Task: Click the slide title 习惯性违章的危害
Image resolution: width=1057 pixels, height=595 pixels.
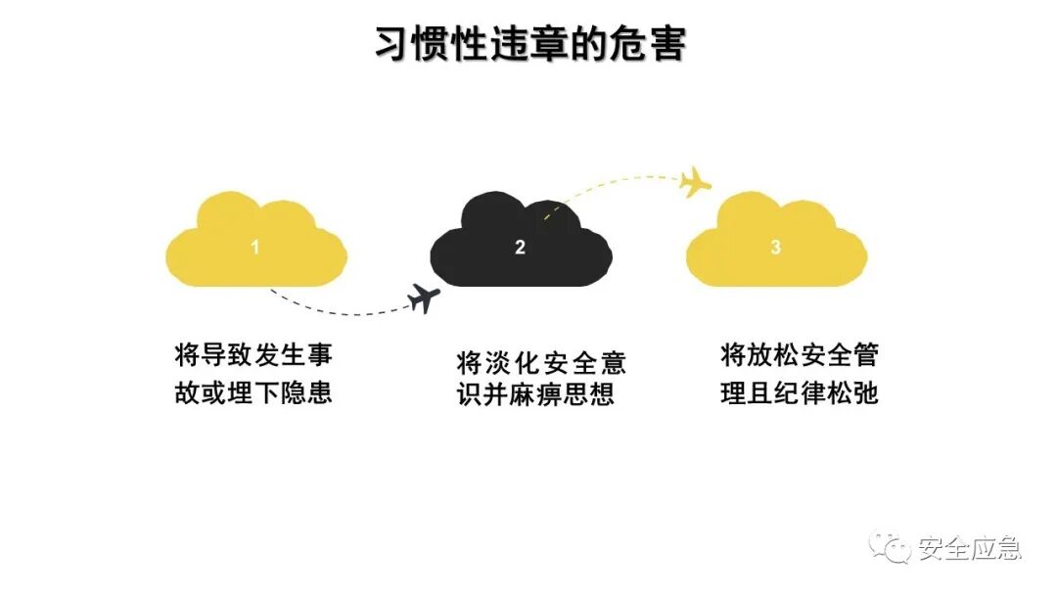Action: pos(529,45)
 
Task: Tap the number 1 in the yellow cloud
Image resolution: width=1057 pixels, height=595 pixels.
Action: pos(255,248)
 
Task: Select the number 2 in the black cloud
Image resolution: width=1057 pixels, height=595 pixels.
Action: pos(520,248)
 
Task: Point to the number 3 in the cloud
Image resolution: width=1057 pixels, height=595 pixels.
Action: pos(776,248)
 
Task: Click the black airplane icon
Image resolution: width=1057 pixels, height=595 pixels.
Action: pos(423,297)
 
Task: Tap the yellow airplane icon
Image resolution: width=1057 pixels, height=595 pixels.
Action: pos(696,180)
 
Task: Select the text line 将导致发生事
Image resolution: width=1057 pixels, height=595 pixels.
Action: pos(253,354)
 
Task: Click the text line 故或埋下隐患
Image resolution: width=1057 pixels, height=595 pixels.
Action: pos(253,392)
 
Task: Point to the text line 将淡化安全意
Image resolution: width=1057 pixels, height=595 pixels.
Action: pos(541,363)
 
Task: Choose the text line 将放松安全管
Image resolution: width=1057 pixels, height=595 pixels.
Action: pos(800,354)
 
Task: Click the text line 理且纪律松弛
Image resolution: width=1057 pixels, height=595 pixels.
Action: pos(800,392)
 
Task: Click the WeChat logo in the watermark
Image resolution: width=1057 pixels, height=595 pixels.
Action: pos(892,549)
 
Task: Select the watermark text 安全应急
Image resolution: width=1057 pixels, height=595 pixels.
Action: pos(969,549)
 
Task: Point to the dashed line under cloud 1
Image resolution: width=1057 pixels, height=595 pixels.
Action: pos(333,310)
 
